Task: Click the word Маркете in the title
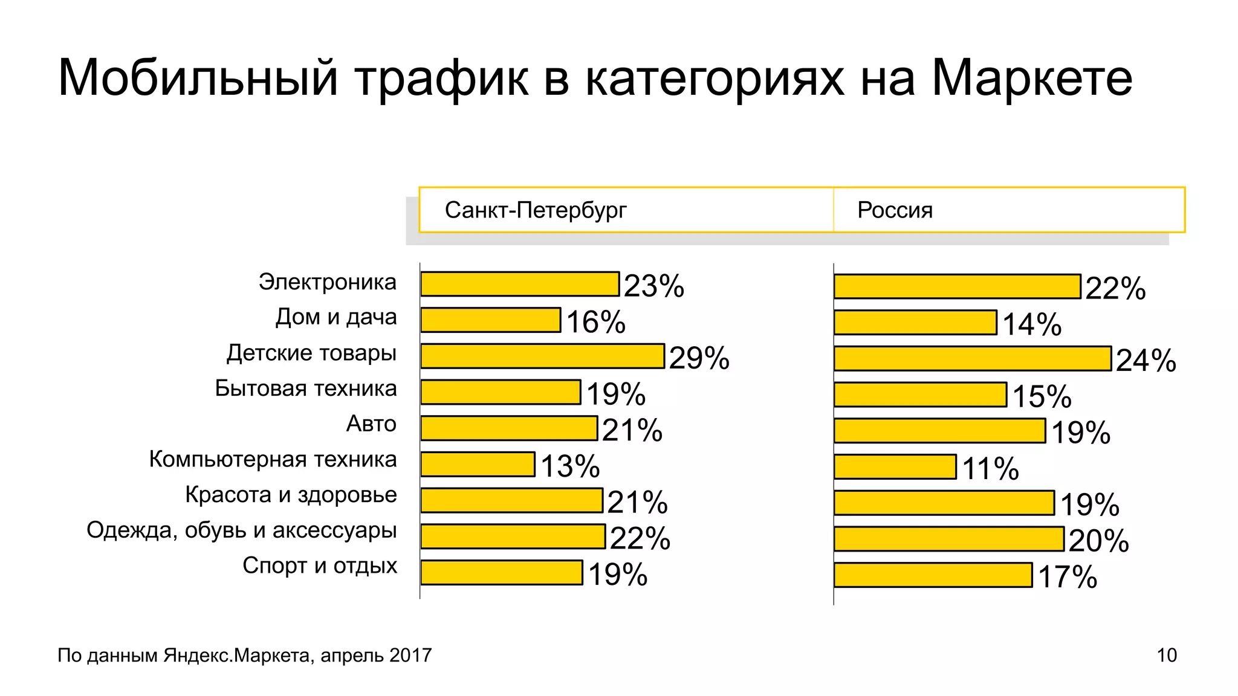(1031, 79)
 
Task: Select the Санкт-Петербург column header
(536, 210)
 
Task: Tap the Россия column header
(895, 210)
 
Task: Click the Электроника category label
(327, 282)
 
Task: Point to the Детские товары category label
(311, 353)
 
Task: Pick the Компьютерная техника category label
(273, 460)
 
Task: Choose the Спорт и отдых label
(320, 566)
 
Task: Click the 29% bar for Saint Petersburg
(542, 356)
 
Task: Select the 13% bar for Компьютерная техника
(478, 464)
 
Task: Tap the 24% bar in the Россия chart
(972, 358)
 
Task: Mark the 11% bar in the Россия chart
(895, 467)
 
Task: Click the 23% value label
(653, 286)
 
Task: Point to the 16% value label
(595, 322)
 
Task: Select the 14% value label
(1032, 324)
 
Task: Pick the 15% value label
(1042, 397)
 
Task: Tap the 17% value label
(1067, 577)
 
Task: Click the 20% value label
(1098, 541)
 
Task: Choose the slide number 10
(1167, 656)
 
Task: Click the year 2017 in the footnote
(410, 656)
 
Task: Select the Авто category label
(371, 424)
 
